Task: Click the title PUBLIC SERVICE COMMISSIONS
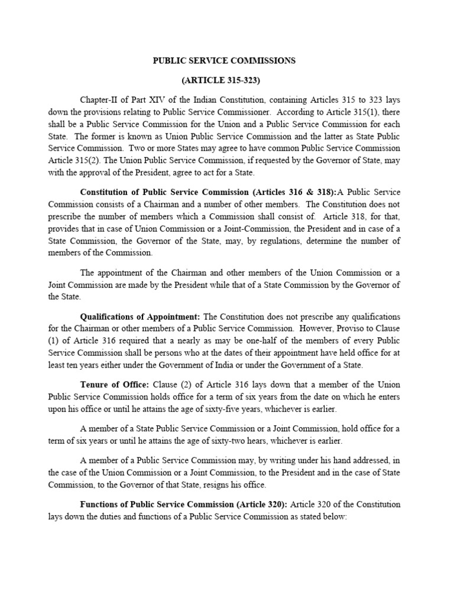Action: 225,60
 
